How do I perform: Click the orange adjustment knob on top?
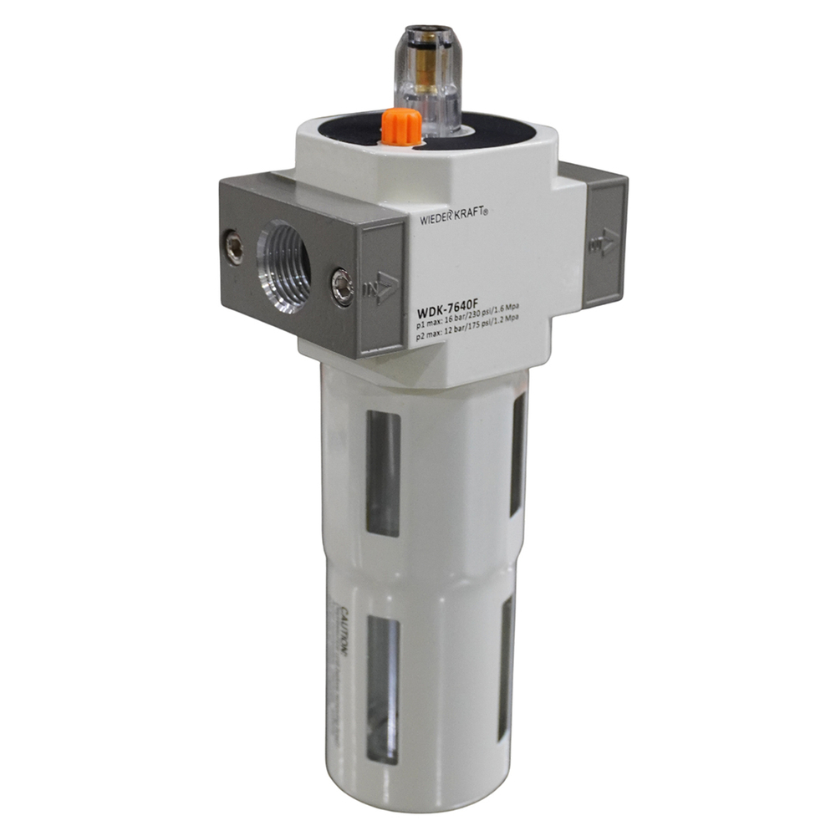pyautogui.click(x=400, y=127)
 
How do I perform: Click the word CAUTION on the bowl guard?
pyautogui.click(x=344, y=628)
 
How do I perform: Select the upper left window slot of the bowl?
pyautogui.click(x=383, y=472)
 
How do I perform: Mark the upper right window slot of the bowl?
pyautogui.click(x=519, y=452)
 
